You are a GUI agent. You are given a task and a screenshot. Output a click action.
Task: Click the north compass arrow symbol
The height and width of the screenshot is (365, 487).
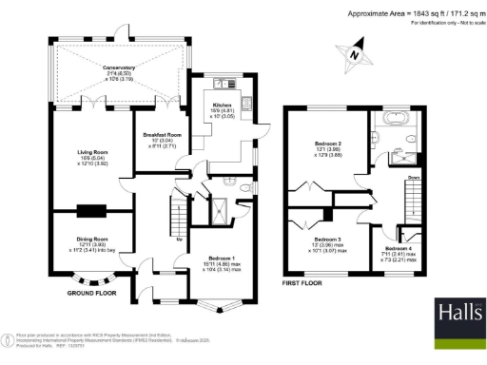[x=357, y=54]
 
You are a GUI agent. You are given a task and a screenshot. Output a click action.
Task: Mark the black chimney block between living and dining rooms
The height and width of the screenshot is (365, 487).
[x=93, y=212]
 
